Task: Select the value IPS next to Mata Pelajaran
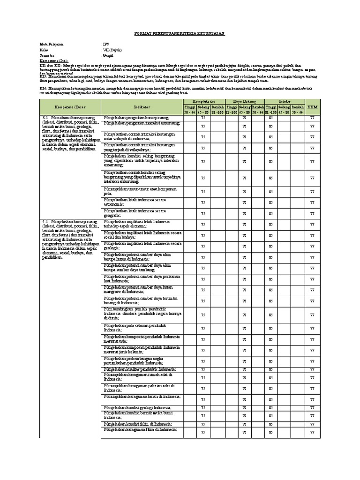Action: coord(105,44)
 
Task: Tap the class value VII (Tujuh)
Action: coord(112,49)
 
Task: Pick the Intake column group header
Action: coord(285,101)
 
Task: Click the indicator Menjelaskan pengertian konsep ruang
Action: coord(136,117)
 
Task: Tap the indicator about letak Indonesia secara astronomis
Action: coord(135,202)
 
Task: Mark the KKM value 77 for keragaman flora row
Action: coord(312,432)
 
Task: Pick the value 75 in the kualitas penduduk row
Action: coord(203,369)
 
